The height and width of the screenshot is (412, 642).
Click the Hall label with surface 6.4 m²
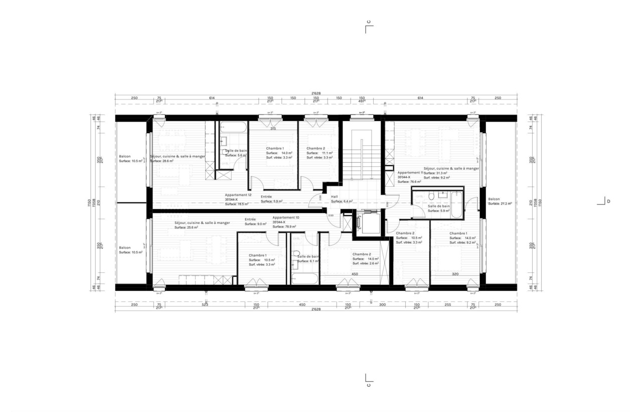pos(335,196)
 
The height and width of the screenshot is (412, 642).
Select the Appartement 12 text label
pos(238,195)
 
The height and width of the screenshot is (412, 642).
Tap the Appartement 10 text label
pos(285,218)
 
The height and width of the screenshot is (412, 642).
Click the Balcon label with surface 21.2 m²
pos(494,199)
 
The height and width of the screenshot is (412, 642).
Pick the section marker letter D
pos(608,201)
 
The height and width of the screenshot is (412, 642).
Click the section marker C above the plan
pos(369,22)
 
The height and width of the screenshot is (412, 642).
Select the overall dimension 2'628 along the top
pos(316,93)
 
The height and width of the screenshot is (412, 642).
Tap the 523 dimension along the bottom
pos(205,304)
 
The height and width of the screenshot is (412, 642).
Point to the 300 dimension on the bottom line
pos(382,304)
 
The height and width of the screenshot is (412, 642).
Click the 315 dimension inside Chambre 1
pos(273,129)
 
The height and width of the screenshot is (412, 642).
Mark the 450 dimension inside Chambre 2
pos(355,274)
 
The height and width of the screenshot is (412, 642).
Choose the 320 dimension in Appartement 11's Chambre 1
pos(455,274)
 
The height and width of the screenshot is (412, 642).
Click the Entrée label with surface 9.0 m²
pos(250,219)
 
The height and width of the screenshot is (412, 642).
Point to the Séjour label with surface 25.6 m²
pos(202,223)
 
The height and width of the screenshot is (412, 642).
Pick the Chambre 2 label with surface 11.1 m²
pos(316,148)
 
